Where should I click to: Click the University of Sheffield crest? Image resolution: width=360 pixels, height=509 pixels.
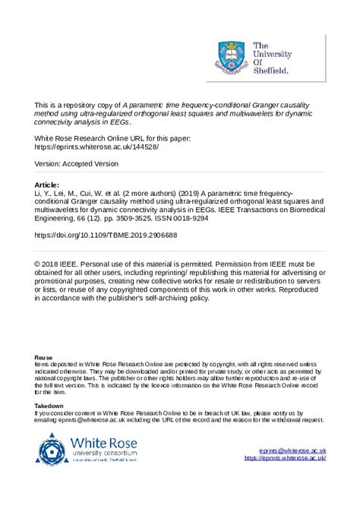[x=232, y=58]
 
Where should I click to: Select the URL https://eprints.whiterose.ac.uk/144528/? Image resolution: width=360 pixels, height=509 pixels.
[x=96, y=147]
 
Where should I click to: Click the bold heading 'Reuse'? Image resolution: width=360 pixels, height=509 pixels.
[x=44, y=357]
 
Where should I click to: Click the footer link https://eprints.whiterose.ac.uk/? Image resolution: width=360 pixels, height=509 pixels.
[x=285, y=459]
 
